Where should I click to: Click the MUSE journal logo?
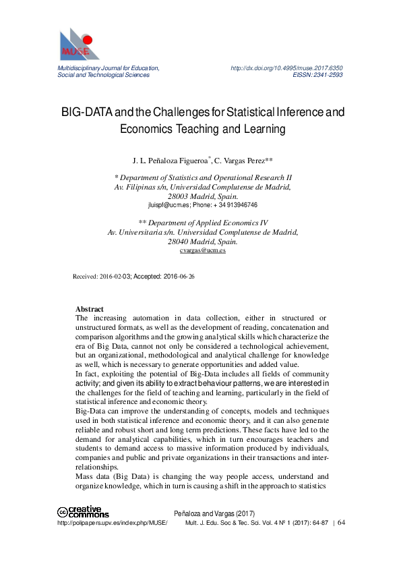[x=79, y=45]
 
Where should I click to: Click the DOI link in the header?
[x=286, y=68]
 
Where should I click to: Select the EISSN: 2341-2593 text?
[x=317, y=75]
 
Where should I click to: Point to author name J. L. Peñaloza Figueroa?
[x=172, y=161]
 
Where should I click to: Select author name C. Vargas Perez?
[x=243, y=161]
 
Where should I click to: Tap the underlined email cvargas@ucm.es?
[x=203, y=250]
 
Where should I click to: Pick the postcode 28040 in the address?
[x=180, y=241]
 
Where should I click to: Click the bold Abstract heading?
[x=90, y=309]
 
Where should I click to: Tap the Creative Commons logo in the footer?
[x=80, y=513]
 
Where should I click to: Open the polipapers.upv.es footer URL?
[x=112, y=522]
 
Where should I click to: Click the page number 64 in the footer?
[x=341, y=522]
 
